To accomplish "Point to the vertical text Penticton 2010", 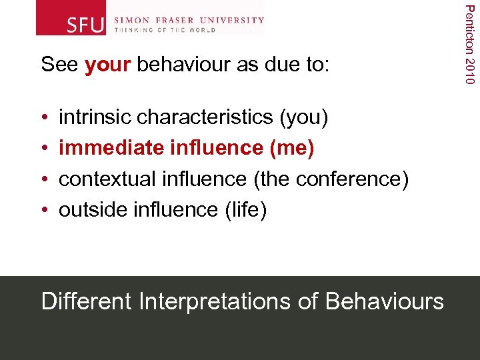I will [x=470, y=43].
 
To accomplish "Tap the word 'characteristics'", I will [x=205, y=117].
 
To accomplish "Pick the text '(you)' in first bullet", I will [x=304, y=117].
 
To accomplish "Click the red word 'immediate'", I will [x=112, y=148].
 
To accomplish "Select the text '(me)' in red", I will [x=291, y=148].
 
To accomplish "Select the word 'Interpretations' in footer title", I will [x=215, y=301].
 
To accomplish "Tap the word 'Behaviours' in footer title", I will [x=384, y=301].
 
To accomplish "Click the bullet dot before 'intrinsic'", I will [x=44, y=118].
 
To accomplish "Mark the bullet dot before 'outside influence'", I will [x=44, y=210].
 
